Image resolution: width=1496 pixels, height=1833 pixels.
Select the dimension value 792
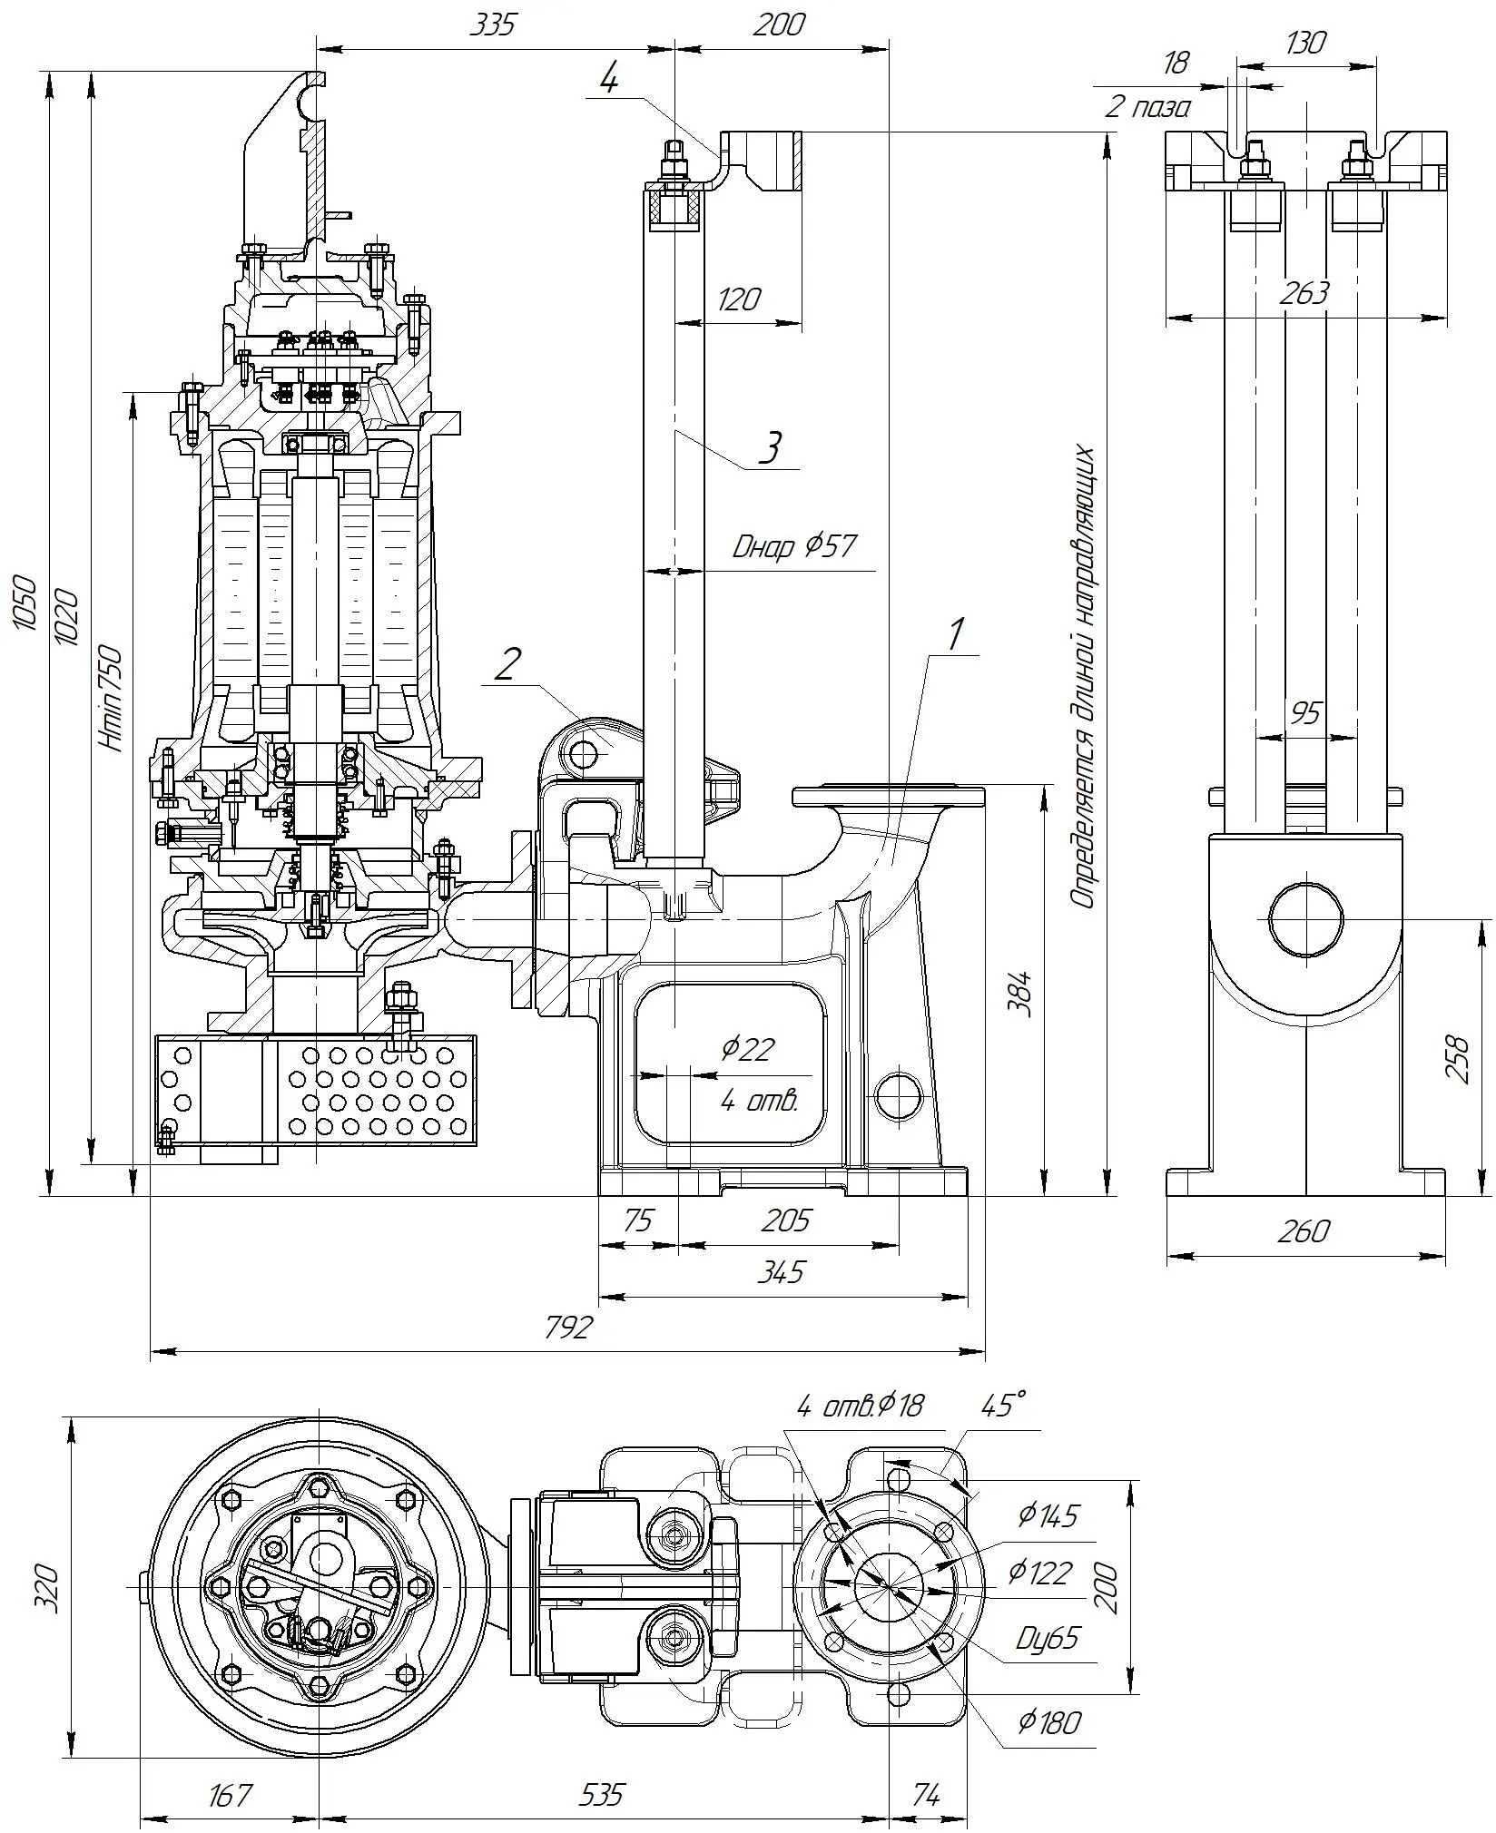(x=569, y=1328)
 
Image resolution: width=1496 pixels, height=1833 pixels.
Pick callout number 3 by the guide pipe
(x=770, y=447)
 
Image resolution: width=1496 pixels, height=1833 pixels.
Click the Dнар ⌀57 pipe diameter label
(x=794, y=546)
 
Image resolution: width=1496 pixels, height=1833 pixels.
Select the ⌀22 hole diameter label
(x=747, y=1049)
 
